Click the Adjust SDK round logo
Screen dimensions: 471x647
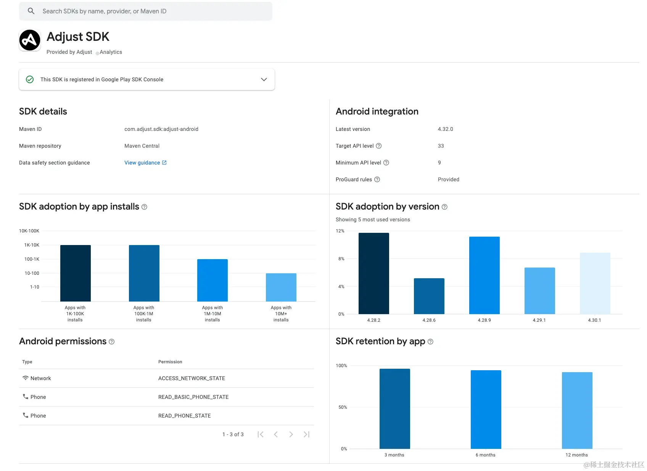(x=30, y=40)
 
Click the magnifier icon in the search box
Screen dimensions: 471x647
(x=31, y=11)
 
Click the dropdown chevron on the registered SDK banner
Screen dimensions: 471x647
(x=264, y=79)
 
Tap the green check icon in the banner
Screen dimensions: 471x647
(x=30, y=79)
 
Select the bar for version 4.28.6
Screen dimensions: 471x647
(x=429, y=296)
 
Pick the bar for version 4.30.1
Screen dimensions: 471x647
(x=595, y=283)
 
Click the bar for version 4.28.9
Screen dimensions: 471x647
(x=484, y=275)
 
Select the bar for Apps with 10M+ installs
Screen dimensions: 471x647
(x=281, y=287)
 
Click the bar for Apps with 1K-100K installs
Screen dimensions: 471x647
(x=76, y=273)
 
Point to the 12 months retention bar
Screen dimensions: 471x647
(x=577, y=410)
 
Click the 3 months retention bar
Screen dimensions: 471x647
(x=394, y=409)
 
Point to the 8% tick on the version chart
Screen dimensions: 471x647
(x=341, y=259)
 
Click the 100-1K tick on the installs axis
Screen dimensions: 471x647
(x=32, y=259)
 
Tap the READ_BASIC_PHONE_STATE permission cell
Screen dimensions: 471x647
(x=193, y=397)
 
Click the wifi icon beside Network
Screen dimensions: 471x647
(x=26, y=378)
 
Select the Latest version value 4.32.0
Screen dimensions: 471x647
(x=445, y=129)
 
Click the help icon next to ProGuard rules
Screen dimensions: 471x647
(x=377, y=179)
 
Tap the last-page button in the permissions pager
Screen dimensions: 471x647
(x=306, y=434)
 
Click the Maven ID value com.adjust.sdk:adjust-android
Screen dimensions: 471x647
(x=161, y=129)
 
